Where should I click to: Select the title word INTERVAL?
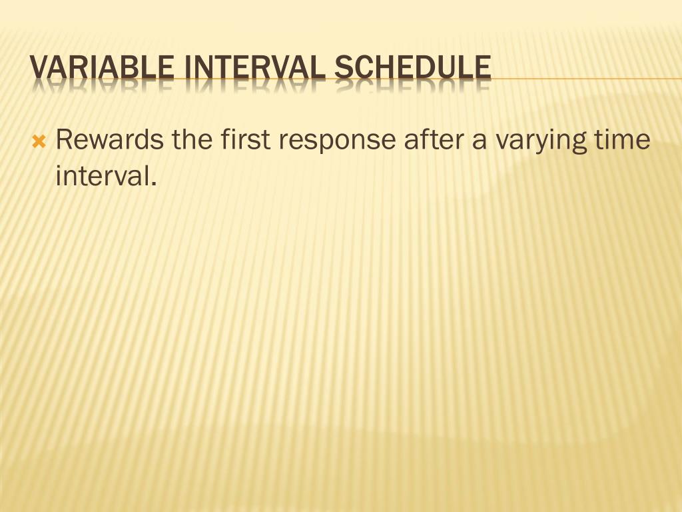(255, 68)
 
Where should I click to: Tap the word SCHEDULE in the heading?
(413, 68)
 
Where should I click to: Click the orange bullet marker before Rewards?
(39, 141)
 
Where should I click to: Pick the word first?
(246, 141)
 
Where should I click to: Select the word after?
(434, 141)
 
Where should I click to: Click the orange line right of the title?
(586, 79)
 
